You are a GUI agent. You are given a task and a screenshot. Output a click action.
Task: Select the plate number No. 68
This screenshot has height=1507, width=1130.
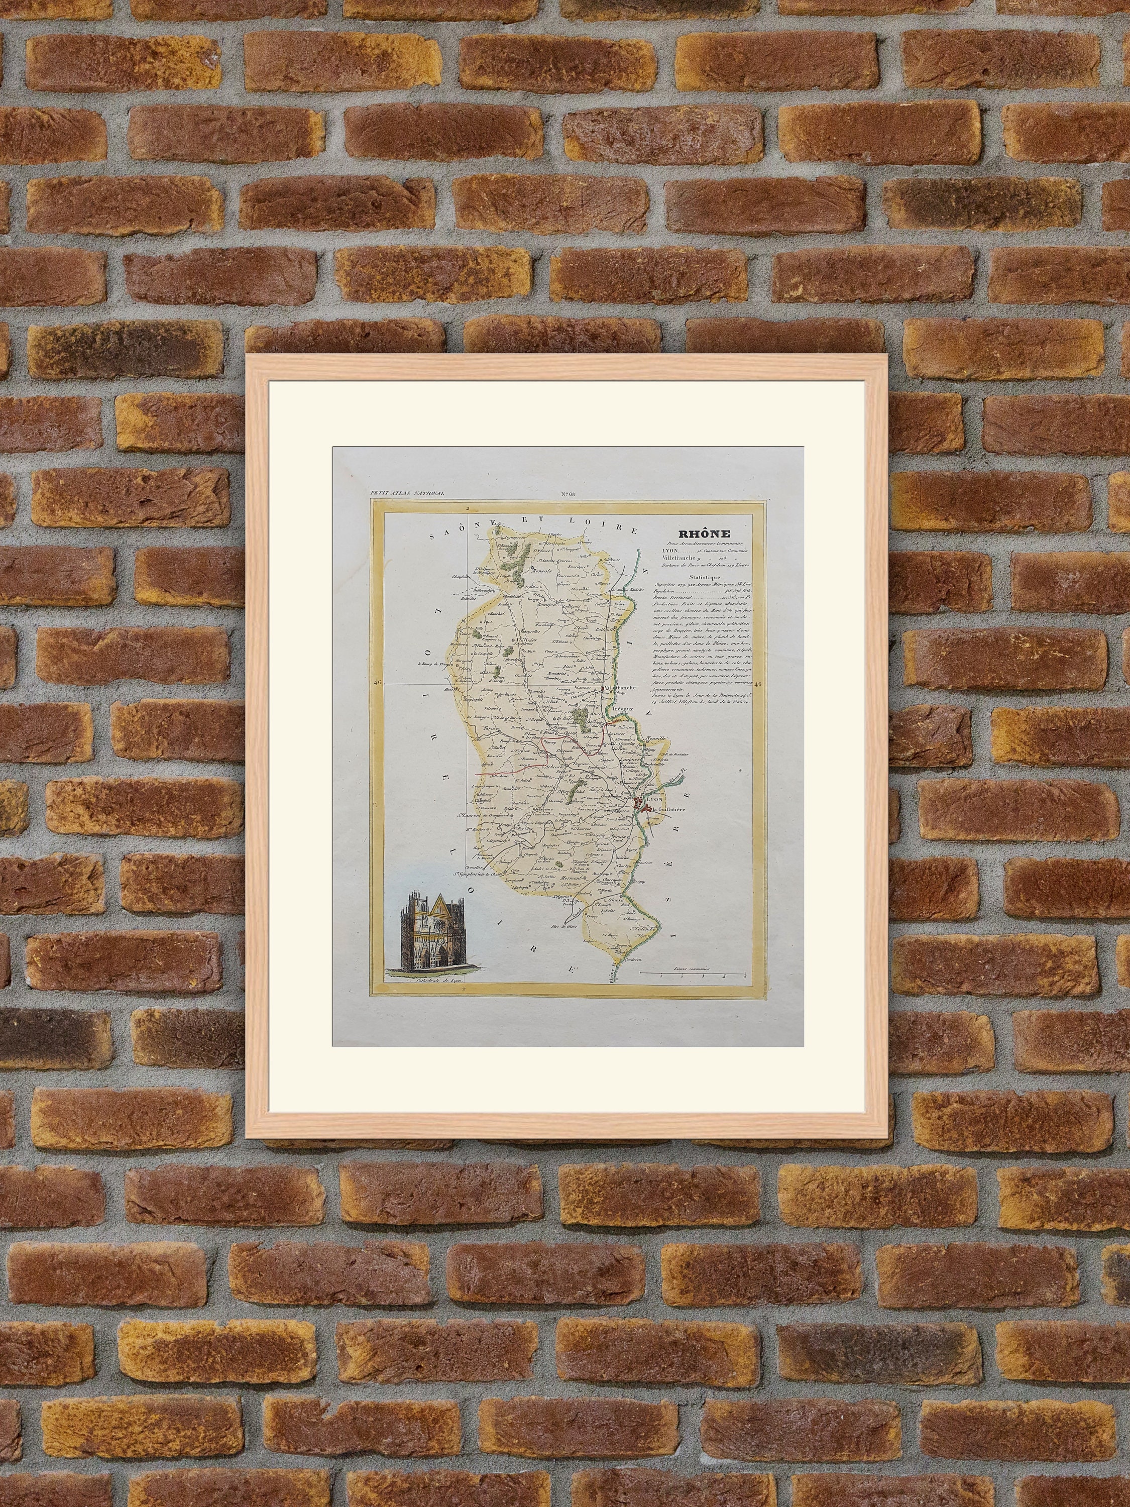[568, 494]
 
